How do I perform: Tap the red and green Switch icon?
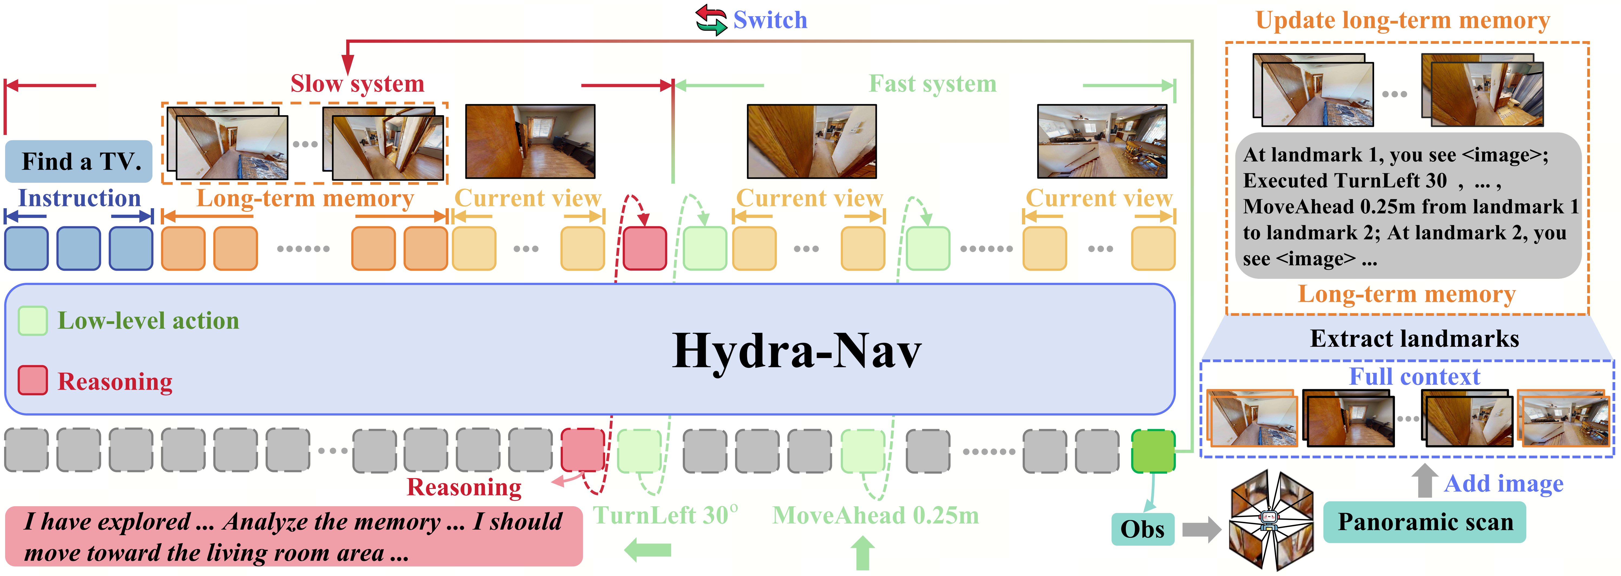click(x=711, y=20)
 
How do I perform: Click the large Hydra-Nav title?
click(x=797, y=350)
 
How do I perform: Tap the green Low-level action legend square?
click(x=33, y=321)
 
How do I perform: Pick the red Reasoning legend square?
click(x=33, y=380)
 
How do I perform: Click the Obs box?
click(x=1142, y=529)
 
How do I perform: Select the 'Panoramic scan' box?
click(x=1425, y=522)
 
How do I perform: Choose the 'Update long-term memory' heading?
click(x=1403, y=20)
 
